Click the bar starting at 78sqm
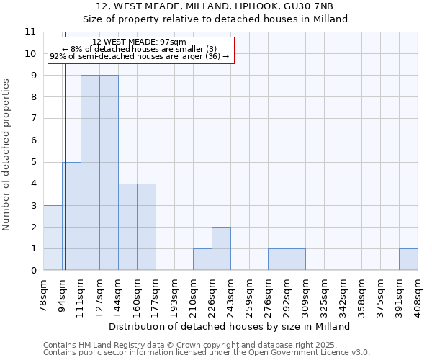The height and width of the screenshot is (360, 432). (52, 238)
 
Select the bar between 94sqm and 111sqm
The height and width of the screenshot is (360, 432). (71, 216)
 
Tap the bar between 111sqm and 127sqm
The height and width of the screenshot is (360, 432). (90, 173)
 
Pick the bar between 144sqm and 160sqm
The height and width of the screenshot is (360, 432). (127, 227)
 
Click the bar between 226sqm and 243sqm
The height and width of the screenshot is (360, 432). (221, 248)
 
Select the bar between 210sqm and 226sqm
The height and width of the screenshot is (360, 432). (202, 259)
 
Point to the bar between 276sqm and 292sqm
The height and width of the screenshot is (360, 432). (277, 259)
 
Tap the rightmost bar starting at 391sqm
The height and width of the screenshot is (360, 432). (408, 259)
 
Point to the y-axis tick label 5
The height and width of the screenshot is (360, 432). (33, 162)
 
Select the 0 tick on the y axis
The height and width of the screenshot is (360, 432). (33, 271)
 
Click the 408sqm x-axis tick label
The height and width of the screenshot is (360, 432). (418, 294)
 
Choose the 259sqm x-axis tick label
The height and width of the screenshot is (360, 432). (249, 294)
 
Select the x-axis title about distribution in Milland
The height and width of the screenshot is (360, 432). (230, 326)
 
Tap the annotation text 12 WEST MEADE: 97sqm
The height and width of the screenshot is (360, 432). (140, 42)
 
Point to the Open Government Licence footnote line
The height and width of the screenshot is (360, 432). (207, 353)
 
